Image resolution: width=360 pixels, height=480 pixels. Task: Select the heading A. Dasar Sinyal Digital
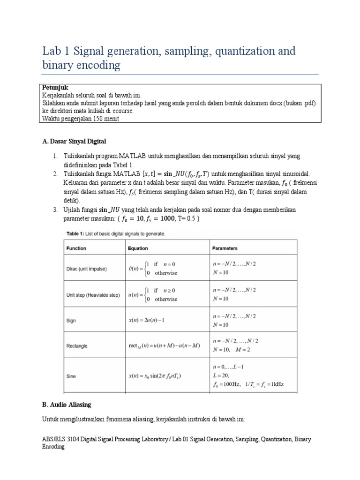74,142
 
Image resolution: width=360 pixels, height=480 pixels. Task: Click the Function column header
76,248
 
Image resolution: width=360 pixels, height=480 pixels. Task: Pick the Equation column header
138,248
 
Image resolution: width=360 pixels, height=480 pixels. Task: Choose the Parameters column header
225,248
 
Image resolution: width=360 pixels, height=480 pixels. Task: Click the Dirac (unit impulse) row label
87,269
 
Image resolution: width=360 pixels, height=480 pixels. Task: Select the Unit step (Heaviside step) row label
93,295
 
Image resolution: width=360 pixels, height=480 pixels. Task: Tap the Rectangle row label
77,346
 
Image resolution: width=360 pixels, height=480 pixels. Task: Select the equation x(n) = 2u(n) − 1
149,321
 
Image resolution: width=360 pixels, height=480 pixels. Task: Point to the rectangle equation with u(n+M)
164,346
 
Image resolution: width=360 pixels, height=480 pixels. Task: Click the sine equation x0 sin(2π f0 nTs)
155,376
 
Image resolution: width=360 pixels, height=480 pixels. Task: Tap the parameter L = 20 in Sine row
220,376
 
